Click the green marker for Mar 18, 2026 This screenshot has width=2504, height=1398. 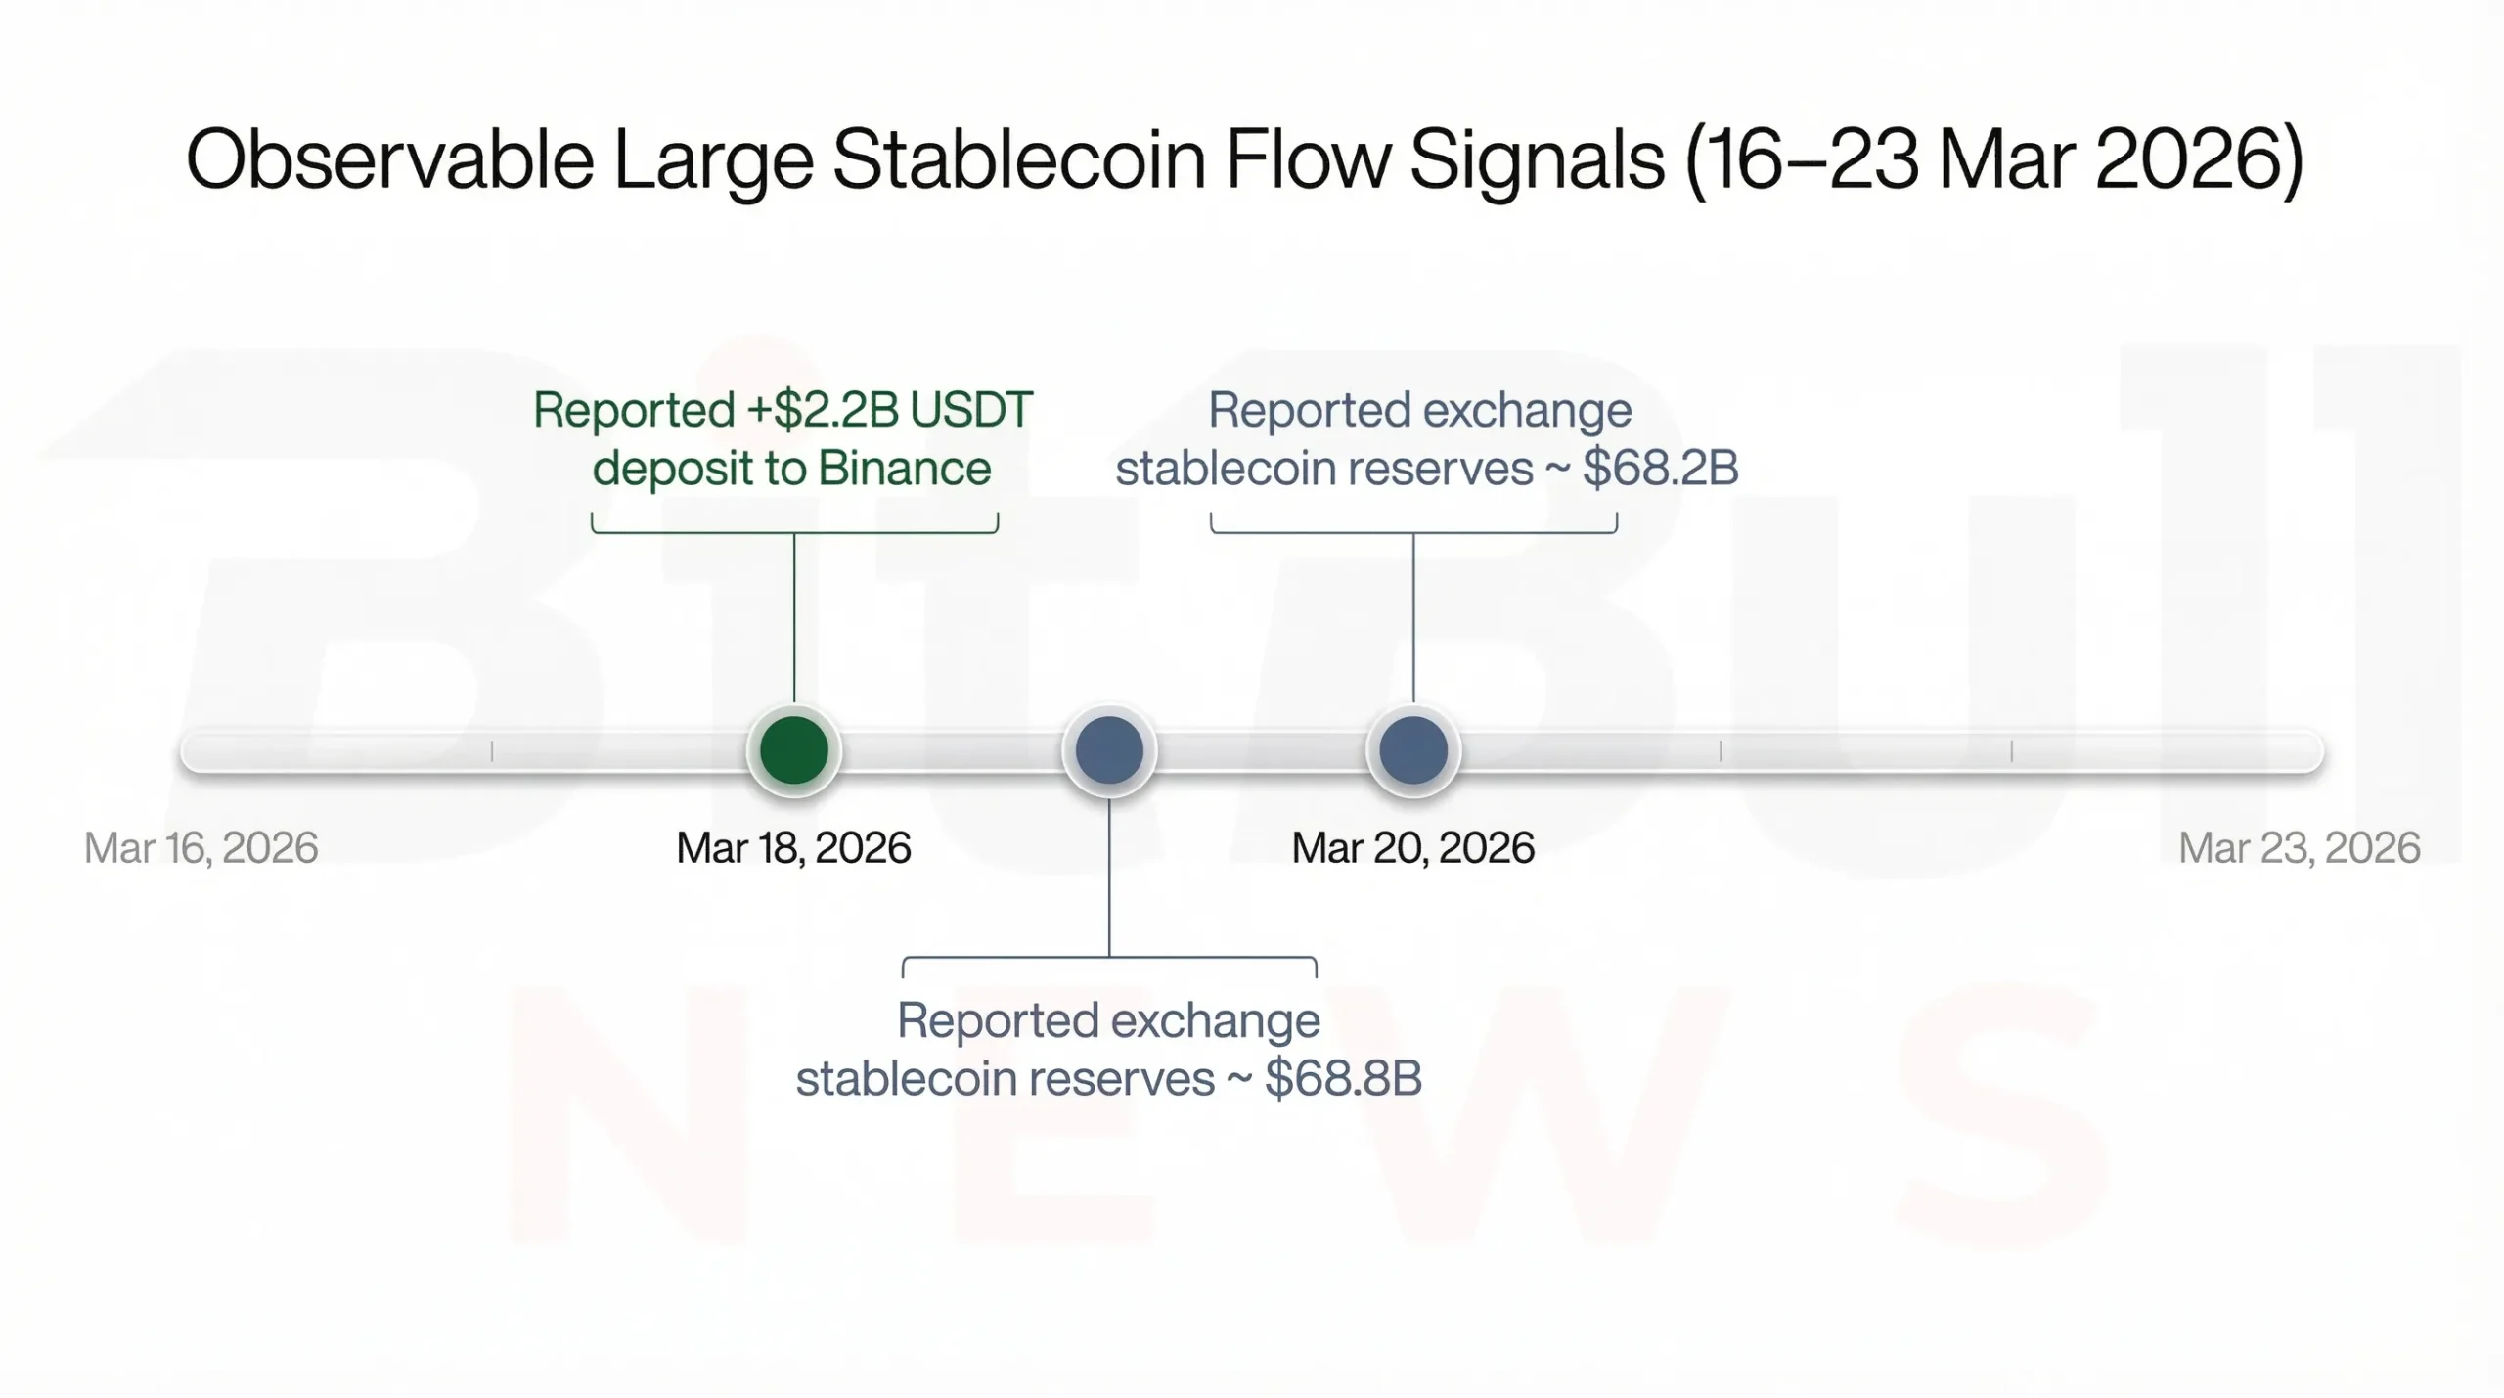click(x=793, y=750)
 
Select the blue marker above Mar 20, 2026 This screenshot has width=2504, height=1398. click(x=1412, y=750)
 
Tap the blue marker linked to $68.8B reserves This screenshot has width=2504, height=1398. click(x=1109, y=750)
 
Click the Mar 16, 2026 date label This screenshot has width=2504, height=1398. click(x=201, y=847)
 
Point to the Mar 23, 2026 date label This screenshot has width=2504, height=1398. click(x=2299, y=847)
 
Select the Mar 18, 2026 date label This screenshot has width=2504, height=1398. click(x=793, y=847)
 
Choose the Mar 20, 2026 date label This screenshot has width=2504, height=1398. click(x=1412, y=847)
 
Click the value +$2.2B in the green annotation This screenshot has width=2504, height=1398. click(x=823, y=410)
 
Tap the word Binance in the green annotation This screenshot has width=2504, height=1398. click(x=904, y=468)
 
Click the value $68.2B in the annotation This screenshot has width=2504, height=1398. click(x=1660, y=468)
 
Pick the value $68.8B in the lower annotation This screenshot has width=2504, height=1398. click(x=1342, y=1078)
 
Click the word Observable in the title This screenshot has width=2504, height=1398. click(x=389, y=159)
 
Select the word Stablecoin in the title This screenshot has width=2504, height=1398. click(x=1018, y=159)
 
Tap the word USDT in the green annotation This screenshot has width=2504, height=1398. click(x=970, y=410)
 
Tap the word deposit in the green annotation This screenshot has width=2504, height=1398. click(x=670, y=468)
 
